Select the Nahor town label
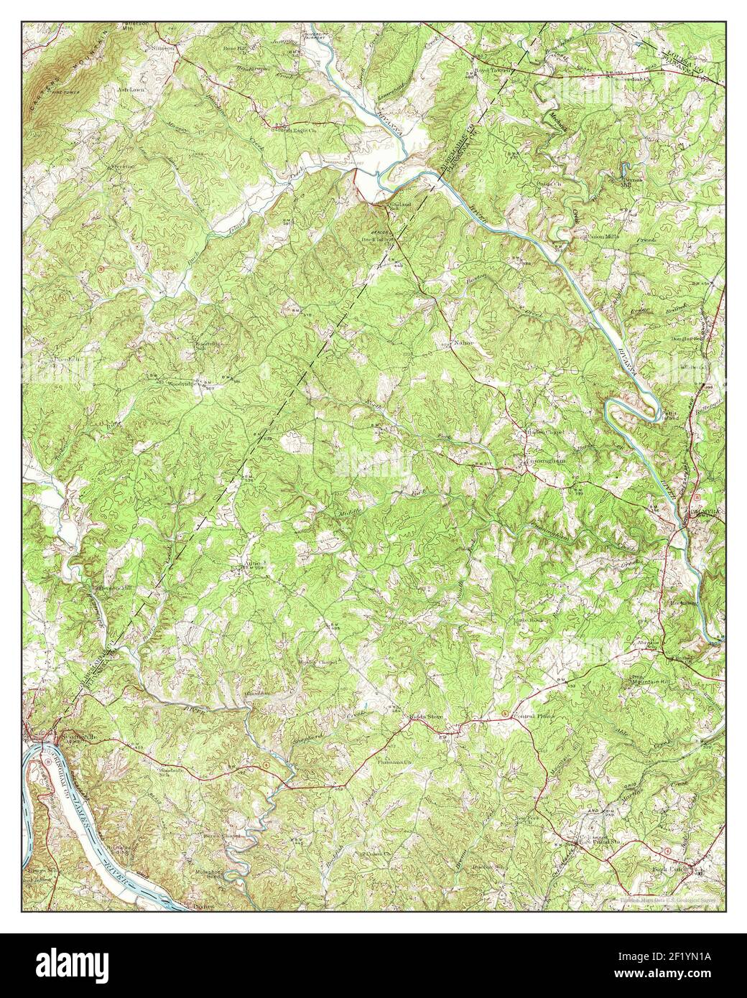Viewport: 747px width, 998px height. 465,343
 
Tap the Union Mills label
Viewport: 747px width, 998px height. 587,238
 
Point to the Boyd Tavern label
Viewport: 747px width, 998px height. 493,70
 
